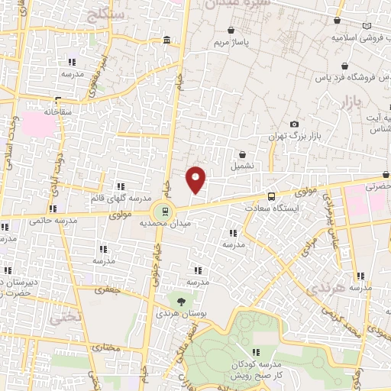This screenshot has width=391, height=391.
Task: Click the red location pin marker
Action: click(196, 179)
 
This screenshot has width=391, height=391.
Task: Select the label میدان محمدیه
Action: click(163, 225)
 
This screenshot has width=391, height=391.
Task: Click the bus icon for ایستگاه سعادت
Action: click(272, 196)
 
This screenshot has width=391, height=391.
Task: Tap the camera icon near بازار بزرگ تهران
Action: click(295, 124)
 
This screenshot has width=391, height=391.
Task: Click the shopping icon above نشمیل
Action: click(242, 153)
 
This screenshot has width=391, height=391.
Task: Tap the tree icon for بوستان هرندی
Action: click(180, 302)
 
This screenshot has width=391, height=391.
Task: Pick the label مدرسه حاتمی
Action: click(54, 221)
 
